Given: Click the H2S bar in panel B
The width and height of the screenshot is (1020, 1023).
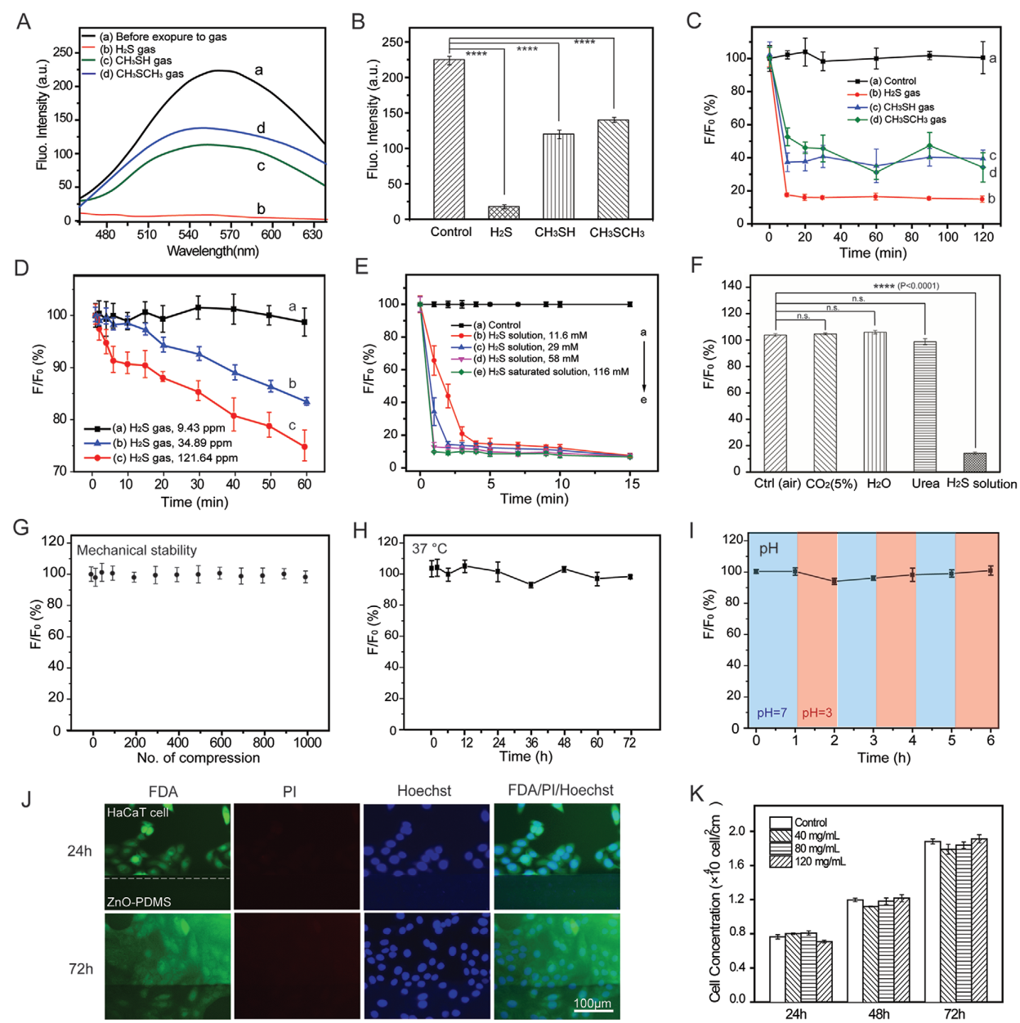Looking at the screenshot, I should pyautogui.click(x=503, y=212).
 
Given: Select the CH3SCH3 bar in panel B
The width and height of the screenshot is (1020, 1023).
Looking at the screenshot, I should pyautogui.click(x=613, y=169).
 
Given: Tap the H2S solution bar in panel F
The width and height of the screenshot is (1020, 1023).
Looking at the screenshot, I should pyautogui.click(x=974, y=462).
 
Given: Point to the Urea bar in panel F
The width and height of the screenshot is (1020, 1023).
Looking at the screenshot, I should pyautogui.click(x=924, y=406).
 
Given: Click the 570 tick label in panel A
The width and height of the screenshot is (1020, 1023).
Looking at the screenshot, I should pyautogui.click(x=230, y=235).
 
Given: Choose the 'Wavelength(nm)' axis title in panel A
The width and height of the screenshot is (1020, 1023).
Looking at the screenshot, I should pyautogui.click(x=212, y=251).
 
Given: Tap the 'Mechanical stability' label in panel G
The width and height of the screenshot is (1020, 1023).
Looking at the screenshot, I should pyautogui.click(x=136, y=551).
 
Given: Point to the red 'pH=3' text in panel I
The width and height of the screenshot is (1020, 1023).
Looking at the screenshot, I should pyautogui.click(x=816, y=713).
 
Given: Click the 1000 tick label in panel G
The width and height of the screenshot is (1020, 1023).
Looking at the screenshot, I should pyautogui.click(x=307, y=743).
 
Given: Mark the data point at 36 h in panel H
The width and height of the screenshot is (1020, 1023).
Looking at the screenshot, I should pyautogui.click(x=531, y=585).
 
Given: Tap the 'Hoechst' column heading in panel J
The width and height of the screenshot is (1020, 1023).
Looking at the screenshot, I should pyautogui.click(x=423, y=791).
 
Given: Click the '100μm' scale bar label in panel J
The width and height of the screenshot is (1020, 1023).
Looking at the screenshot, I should pyautogui.click(x=592, y=1004).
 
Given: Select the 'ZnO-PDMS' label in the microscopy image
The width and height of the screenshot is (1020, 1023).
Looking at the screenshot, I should pyautogui.click(x=138, y=902).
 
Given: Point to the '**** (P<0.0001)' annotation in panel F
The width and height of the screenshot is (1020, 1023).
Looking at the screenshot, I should pyautogui.click(x=906, y=286).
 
